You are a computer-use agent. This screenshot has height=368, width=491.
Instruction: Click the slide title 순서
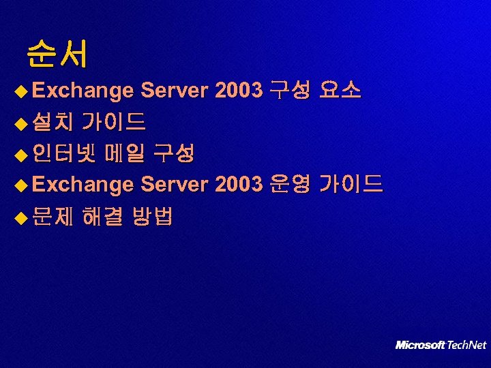click(57, 55)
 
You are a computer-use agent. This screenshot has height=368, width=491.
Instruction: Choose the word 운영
click(291, 185)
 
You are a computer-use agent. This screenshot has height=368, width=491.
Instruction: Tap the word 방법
click(153, 217)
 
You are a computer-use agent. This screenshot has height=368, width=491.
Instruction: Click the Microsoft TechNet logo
click(441, 345)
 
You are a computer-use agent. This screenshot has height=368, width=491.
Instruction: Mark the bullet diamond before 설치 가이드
click(22, 123)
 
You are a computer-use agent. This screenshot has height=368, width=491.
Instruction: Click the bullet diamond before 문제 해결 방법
click(22, 218)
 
